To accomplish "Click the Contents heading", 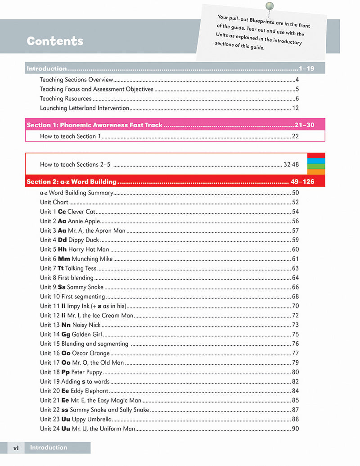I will tap(55, 41).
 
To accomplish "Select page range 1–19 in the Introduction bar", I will tap(306, 69).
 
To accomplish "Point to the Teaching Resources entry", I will tap(66, 99).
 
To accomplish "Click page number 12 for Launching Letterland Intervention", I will tap(295, 108).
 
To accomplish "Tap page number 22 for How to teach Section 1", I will tap(295, 136).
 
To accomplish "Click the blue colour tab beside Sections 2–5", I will tap(316, 161).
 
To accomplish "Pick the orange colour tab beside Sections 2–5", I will tap(316, 172).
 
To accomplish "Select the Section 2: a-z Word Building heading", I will tap(72, 182).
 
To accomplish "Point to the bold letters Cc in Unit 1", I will tap(62, 212).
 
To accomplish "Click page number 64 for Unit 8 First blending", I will tap(295, 278).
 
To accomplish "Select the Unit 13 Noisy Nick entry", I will tap(70, 325).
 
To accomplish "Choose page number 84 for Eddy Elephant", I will tap(295, 391).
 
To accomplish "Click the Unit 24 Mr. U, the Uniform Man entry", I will tap(87, 429).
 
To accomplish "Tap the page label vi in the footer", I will tap(16, 448).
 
